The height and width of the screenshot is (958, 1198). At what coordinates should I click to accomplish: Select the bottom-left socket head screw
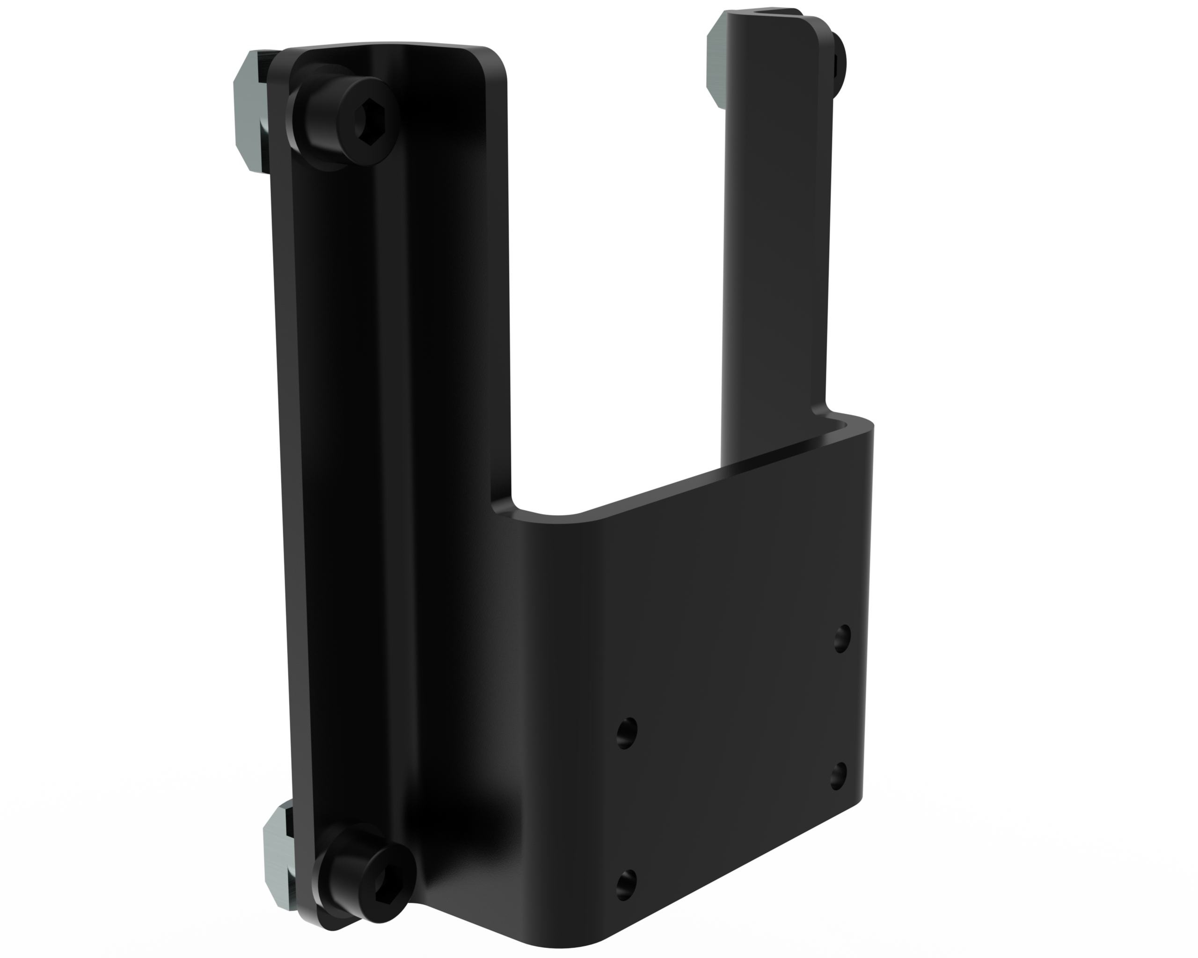tap(365, 878)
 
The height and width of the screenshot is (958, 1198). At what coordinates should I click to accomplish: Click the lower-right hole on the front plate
tap(839, 776)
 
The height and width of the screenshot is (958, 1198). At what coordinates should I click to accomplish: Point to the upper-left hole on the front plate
tap(627, 733)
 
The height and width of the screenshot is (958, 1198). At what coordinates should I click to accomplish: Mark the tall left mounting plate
tap(389, 444)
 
